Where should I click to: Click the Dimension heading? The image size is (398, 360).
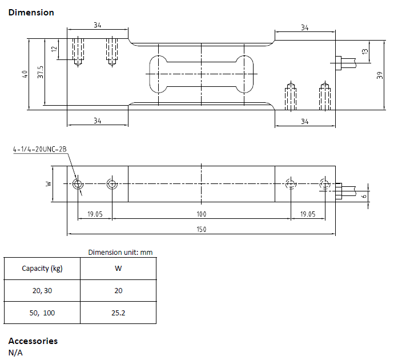coord(31,13)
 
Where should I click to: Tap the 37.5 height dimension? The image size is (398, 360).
coord(41,72)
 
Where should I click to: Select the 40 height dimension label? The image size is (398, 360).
coord(25,74)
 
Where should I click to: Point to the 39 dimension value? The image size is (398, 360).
coord(380,75)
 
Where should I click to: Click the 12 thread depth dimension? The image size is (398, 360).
coord(54,49)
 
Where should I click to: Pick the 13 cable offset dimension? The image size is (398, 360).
coord(365,51)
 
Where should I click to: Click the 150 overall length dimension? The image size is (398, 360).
coord(202,229)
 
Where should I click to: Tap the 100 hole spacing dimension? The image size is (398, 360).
coord(202,214)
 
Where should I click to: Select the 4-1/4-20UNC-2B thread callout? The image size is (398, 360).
coord(40,149)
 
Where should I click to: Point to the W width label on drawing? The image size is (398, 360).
coord(49,183)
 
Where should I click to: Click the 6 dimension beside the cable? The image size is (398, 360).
coord(364,196)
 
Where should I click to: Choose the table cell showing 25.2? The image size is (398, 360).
coord(118,313)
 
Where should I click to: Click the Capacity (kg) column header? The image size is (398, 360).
coord(42,269)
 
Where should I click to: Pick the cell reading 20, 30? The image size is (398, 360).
coord(42,291)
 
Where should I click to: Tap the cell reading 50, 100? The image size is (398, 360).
coord(42,313)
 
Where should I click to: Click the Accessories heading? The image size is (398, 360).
coord(33,341)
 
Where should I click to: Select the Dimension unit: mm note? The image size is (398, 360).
coord(120,252)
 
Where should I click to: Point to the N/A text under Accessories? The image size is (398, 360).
coord(15,353)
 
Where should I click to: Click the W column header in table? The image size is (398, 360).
coord(118,268)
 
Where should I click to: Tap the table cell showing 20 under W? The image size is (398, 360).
coord(118,291)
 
